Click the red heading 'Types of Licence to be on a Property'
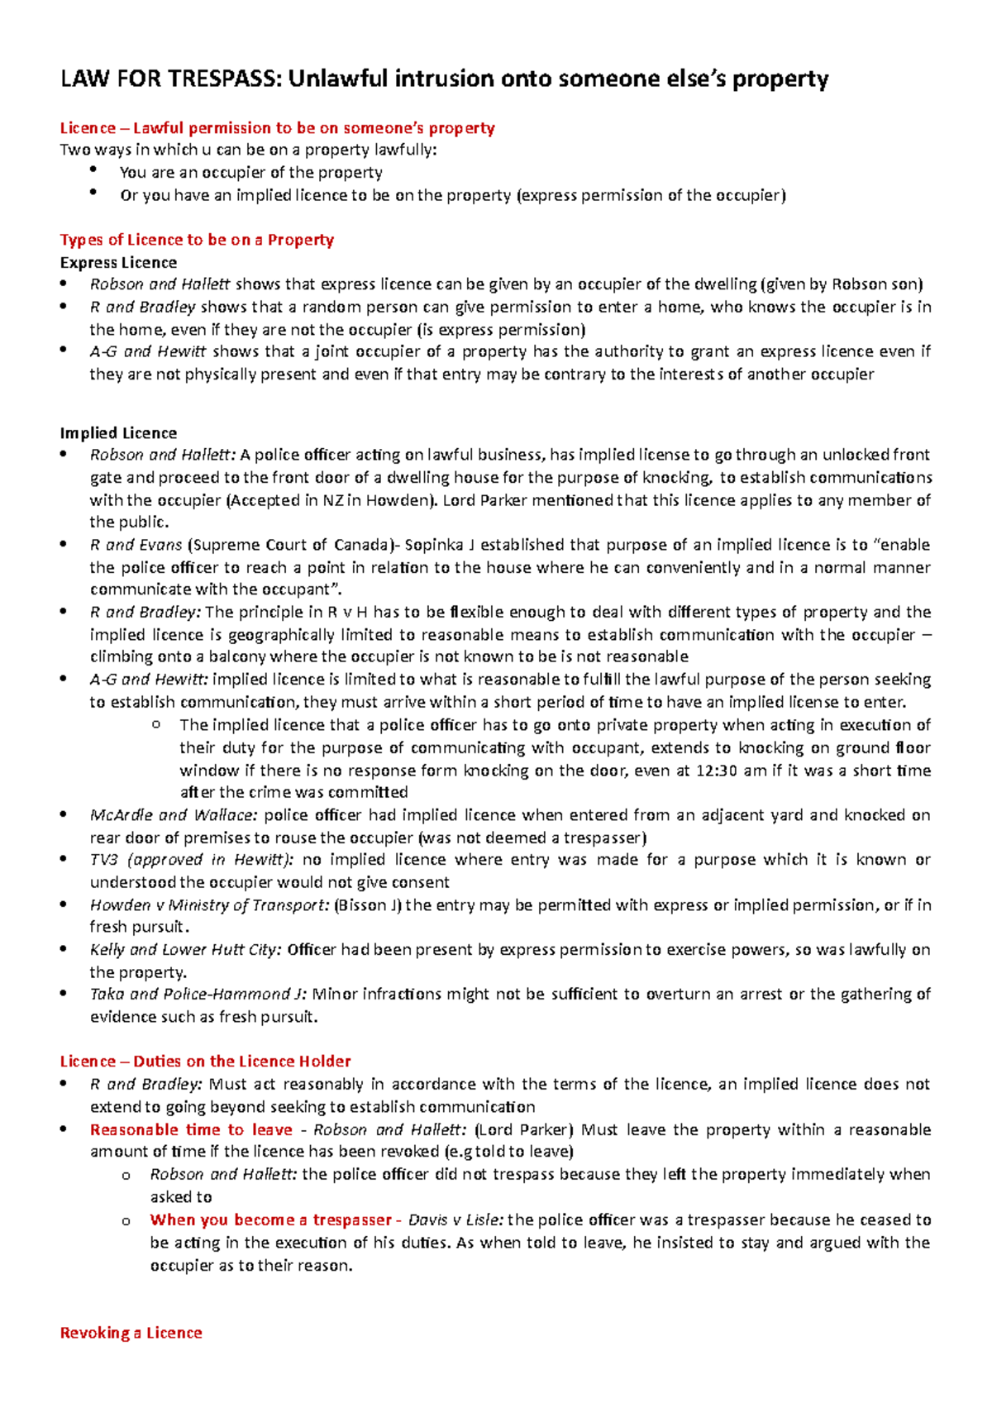pos(197,240)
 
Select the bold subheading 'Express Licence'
pos(118,263)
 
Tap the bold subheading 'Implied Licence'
pos(118,433)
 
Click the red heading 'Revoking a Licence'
pos(131,1333)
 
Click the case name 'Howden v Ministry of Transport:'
pos(209,905)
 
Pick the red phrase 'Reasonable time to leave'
pos(191,1130)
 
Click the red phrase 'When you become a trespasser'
pos(270,1220)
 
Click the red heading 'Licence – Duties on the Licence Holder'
pos(205,1062)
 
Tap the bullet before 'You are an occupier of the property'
pos(94,171)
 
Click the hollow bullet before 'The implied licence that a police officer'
pos(156,725)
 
